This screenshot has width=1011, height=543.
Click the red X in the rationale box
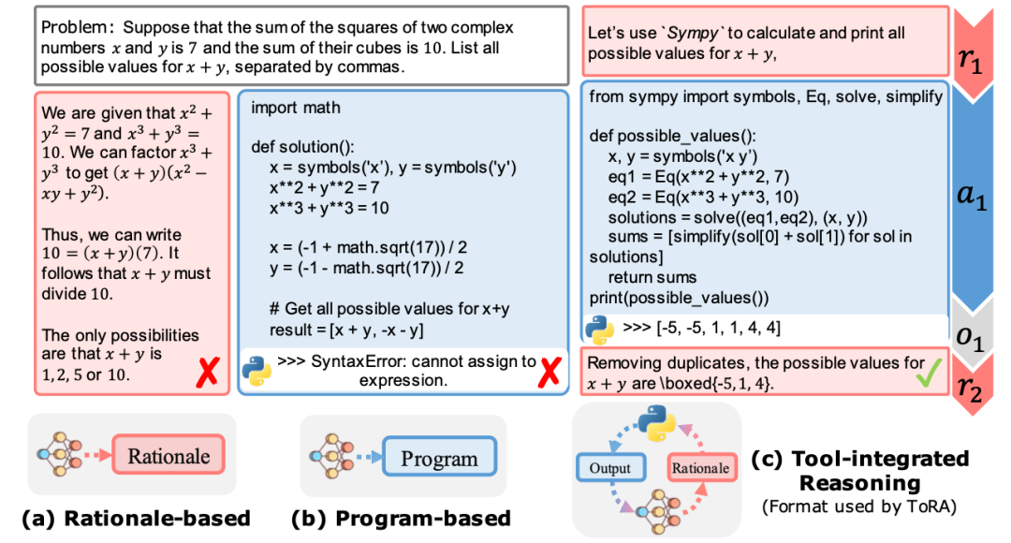coord(208,372)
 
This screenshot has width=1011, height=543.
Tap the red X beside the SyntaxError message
coord(549,372)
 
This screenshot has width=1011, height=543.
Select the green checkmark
coord(929,372)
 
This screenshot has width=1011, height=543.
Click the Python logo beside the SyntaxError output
coord(257,371)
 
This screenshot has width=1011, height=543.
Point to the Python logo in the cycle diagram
coord(656,423)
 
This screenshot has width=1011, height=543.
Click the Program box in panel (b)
coord(440,457)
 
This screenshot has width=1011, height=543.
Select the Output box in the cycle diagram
coord(610,468)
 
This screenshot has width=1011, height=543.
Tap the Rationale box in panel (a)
coord(168,455)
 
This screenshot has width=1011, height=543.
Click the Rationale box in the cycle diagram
coord(701,468)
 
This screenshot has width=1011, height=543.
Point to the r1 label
coord(970,60)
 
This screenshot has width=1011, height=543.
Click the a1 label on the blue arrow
coord(972,195)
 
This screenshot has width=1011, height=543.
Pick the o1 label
coord(970,337)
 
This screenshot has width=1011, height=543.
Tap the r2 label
coord(970,387)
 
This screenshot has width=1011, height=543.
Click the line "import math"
coord(295,108)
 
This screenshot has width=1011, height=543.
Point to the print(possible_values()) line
coord(679,298)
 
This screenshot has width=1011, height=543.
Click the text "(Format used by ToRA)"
coord(859,506)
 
